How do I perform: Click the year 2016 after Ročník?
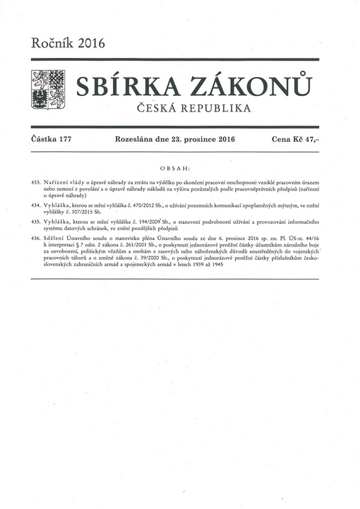88,43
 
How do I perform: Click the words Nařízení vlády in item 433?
68,182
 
